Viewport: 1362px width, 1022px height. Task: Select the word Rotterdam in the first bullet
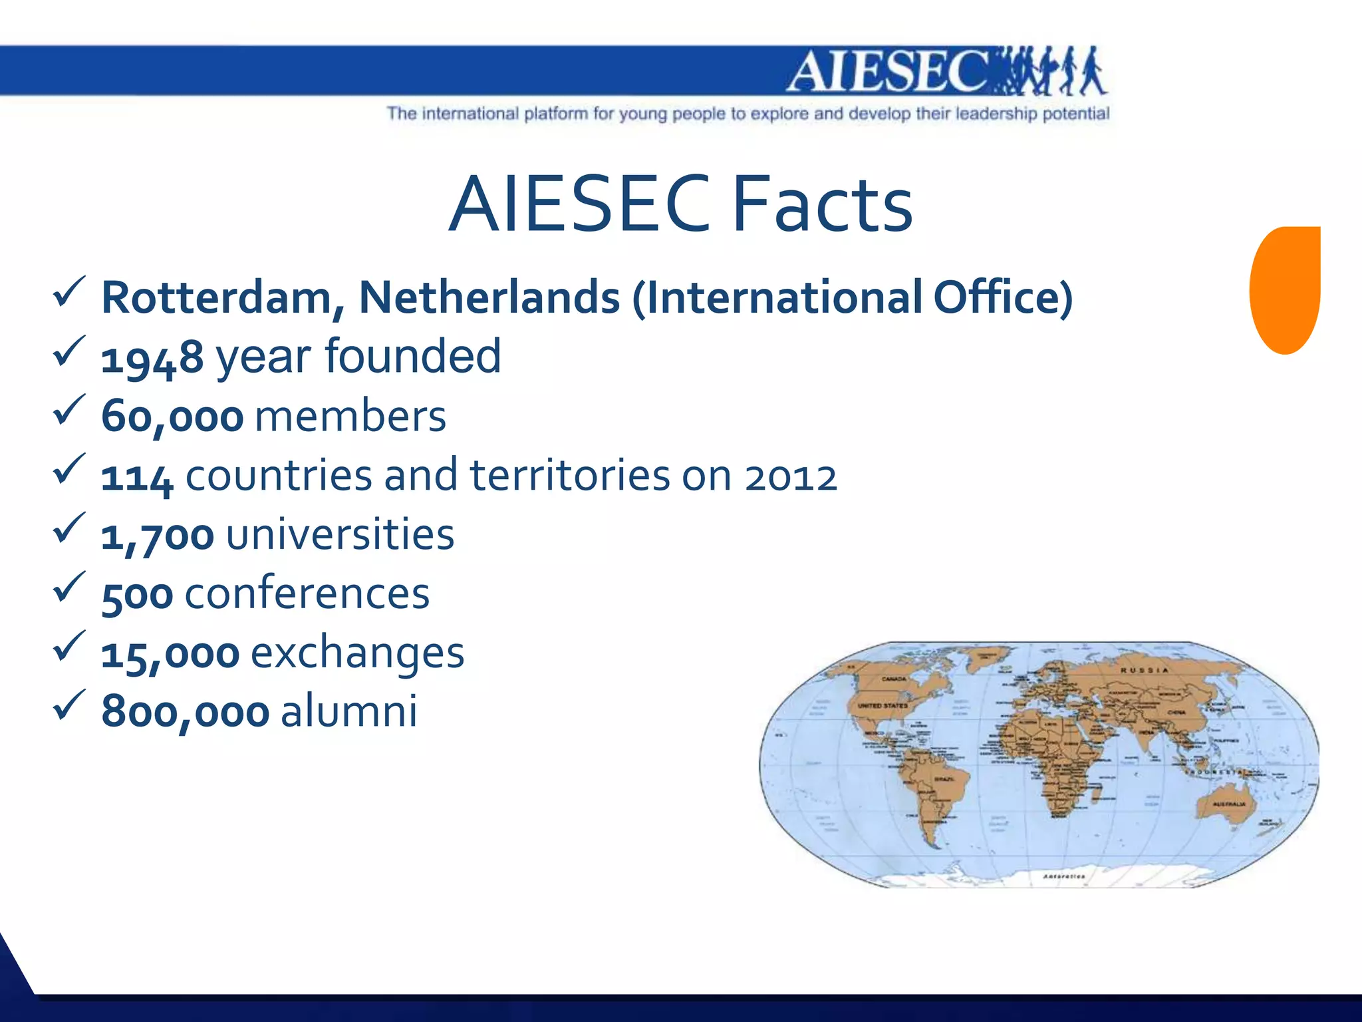coord(217,297)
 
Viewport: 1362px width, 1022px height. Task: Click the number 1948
coord(152,358)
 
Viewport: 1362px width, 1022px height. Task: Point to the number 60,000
coord(172,418)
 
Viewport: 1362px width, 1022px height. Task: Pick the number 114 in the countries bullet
coord(137,477)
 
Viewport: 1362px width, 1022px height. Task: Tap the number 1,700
coord(158,536)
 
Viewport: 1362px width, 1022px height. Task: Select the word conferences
coord(307,594)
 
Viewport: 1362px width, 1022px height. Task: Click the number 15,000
coord(170,654)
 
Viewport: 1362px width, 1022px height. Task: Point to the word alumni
coord(349,711)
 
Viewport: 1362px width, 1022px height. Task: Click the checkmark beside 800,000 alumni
coord(68,705)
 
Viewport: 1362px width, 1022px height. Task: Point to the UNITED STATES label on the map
coord(883,705)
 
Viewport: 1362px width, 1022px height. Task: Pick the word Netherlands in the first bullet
coord(489,297)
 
